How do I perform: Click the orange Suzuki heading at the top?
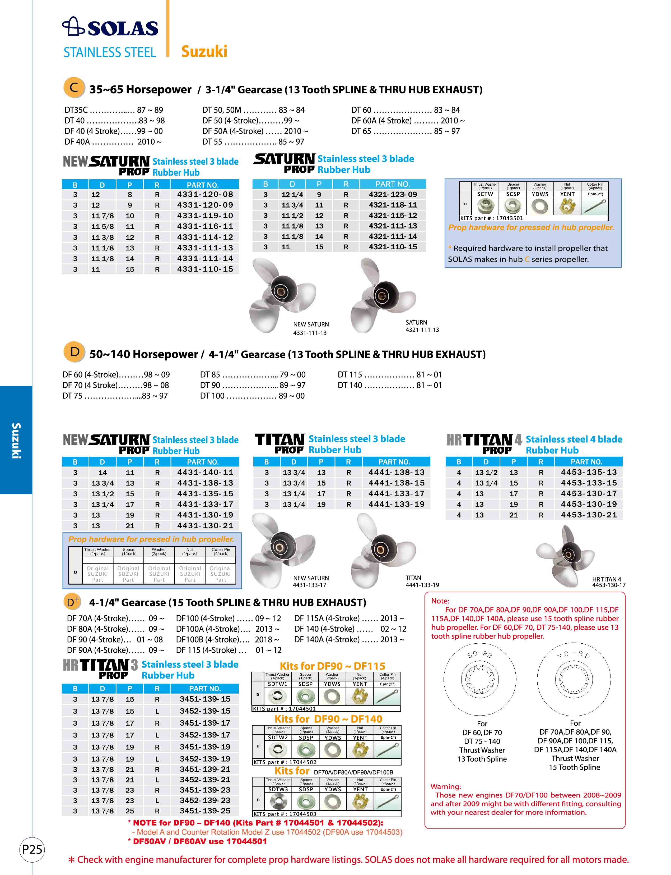click(204, 52)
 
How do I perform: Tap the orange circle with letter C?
click(74, 88)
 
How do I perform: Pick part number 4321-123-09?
click(393, 194)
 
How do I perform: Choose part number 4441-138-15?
click(396, 483)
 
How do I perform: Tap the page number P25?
click(32, 849)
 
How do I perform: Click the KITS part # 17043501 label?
click(491, 218)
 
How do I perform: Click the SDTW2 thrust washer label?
click(278, 737)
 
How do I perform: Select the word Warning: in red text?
click(445, 786)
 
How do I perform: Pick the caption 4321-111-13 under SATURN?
click(422, 330)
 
